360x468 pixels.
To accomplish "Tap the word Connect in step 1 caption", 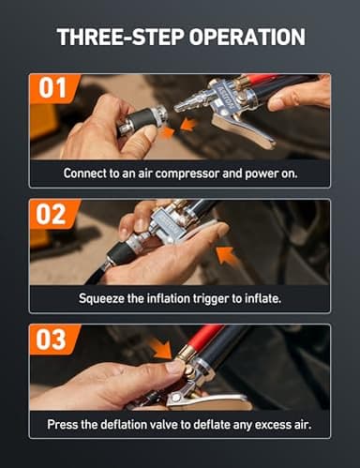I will click(84, 174).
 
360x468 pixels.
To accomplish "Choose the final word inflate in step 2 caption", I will click(262, 299).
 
